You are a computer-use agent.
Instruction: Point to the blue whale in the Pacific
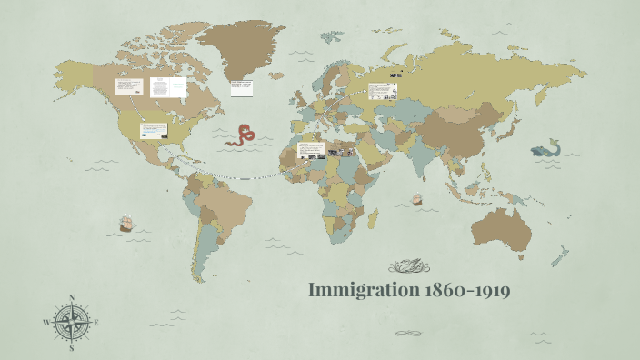pos(547,148)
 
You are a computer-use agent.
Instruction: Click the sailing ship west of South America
pos(127,223)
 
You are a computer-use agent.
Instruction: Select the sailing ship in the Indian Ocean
pos(417,198)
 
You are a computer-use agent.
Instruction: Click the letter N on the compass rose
pos(72,297)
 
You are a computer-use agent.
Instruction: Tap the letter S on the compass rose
pos(72,347)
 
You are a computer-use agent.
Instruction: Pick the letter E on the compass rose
pos(96,323)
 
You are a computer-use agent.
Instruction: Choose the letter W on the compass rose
pos(46,323)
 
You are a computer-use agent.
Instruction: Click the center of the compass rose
pos(72,323)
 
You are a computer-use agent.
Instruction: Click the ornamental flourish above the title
pos(406,266)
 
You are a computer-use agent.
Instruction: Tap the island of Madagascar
pos(373,217)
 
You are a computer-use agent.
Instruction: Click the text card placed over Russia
pos(383,91)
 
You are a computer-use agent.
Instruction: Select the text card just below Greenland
pos(243,88)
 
